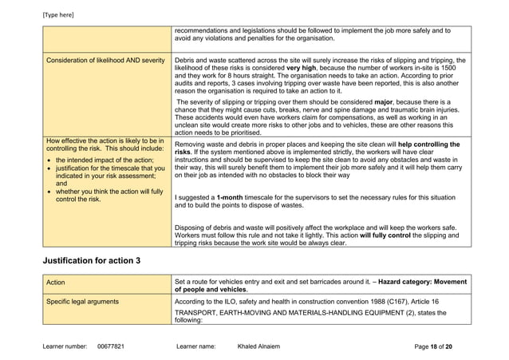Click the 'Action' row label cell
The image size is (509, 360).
click(x=56, y=282)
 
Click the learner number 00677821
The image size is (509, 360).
click(x=111, y=347)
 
